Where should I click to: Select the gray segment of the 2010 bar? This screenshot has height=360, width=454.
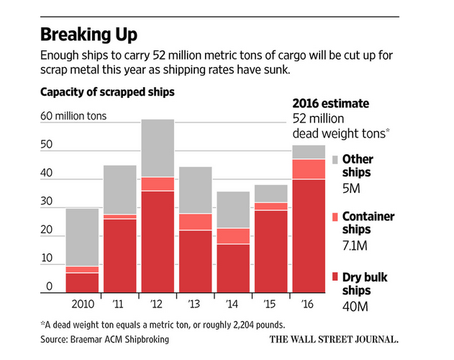(x=82, y=237)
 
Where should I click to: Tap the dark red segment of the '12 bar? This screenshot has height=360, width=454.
(x=158, y=241)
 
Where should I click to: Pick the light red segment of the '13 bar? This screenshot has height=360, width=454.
(x=195, y=222)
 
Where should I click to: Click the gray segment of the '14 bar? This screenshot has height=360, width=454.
(x=233, y=210)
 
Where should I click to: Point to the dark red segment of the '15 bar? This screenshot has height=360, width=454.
(x=270, y=251)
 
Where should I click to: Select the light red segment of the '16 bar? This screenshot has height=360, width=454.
(x=308, y=168)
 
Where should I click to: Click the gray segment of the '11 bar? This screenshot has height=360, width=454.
(x=119, y=189)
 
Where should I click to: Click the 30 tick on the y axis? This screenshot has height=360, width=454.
(x=47, y=202)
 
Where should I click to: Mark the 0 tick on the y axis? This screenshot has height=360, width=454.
(x=50, y=287)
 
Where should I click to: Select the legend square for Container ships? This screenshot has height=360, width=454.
(x=335, y=216)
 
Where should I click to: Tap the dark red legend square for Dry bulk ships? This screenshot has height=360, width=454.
(x=335, y=277)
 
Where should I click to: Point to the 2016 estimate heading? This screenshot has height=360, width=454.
(x=331, y=103)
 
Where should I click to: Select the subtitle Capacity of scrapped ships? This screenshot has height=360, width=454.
(x=107, y=92)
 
